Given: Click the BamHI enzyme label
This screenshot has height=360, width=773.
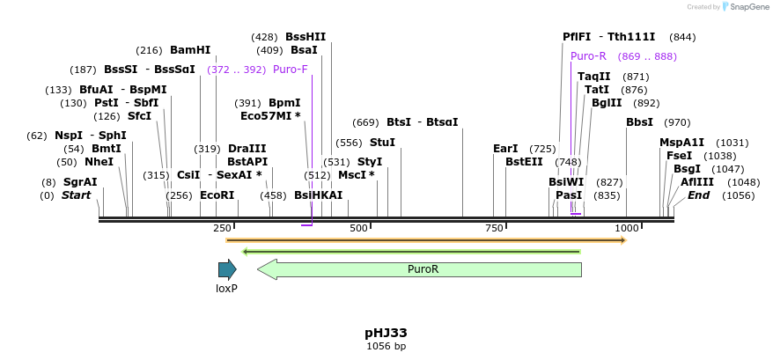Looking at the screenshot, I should point(190,50).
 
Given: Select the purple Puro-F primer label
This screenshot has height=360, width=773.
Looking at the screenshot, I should point(290,70).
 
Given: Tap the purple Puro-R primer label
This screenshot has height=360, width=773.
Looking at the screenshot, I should point(588,56).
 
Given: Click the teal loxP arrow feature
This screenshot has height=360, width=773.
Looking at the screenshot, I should point(227,269).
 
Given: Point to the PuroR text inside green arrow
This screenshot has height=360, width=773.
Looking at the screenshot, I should point(423,269).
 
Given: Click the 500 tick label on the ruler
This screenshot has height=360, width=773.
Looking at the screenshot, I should point(358,228).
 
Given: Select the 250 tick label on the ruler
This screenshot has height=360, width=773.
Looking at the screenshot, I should point(222,228).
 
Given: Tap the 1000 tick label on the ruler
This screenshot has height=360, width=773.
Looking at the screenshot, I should point(626,228).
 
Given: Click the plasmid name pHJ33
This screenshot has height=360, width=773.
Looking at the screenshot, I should point(386,333).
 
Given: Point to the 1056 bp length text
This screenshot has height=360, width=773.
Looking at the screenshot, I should point(386,347).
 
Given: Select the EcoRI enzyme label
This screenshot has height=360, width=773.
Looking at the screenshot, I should point(217,195).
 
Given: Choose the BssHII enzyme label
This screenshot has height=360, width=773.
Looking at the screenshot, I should point(306,37).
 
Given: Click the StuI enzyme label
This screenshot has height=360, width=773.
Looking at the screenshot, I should point(382,143).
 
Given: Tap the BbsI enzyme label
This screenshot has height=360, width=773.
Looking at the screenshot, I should point(639,122).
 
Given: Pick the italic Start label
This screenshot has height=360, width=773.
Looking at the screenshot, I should point(76,195).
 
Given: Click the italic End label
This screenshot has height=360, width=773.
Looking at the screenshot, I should point(698,195).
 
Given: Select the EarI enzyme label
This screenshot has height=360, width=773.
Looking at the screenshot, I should point(505,149).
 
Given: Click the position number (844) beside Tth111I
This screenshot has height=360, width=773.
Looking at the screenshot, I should point(682,37).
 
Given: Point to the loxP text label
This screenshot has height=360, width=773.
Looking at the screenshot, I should point(227,288).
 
